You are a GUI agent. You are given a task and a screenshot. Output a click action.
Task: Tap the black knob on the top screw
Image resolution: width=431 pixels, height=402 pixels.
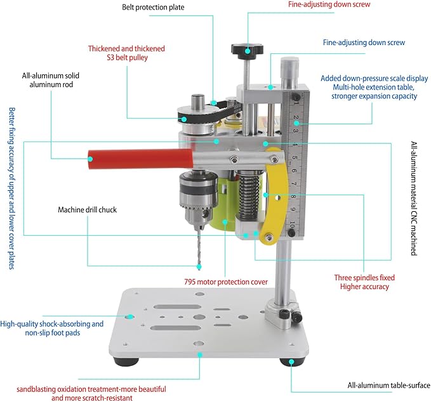click(246, 48)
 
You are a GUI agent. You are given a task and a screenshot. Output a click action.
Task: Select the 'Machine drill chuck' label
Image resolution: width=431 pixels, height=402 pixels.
click(88, 210)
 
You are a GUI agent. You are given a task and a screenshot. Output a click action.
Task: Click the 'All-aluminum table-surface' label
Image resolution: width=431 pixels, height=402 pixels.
click(389, 385)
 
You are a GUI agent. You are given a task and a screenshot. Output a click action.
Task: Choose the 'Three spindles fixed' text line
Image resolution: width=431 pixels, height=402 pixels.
click(364, 277)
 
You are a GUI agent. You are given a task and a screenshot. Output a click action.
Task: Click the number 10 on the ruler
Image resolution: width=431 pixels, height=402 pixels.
click(291, 225)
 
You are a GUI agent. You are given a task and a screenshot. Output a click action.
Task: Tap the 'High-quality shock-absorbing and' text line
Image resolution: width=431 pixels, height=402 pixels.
click(52, 323)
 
